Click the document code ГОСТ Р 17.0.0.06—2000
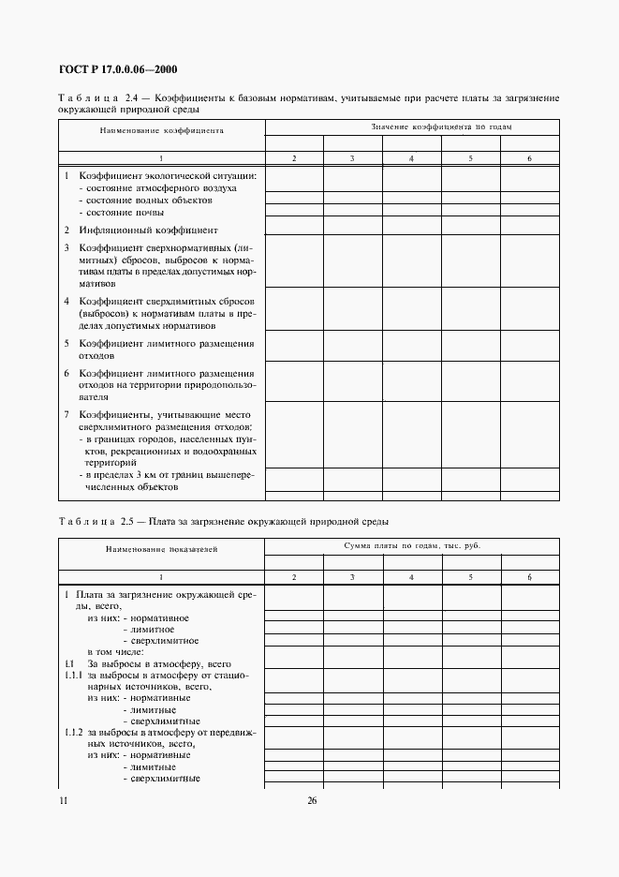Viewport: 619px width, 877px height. point(118,68)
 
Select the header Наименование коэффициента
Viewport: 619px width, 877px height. point(161,131)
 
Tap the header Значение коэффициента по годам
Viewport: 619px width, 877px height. point(440,126)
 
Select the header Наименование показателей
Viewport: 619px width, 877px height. point(161,550)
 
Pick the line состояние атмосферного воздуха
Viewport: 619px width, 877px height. point(157,188)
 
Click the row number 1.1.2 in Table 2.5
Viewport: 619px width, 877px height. point(73,731)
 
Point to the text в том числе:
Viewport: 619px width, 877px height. point(115,651)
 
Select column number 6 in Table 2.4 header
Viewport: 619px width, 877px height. point(529,159)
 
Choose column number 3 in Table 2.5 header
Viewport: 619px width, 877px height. point(352,578)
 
